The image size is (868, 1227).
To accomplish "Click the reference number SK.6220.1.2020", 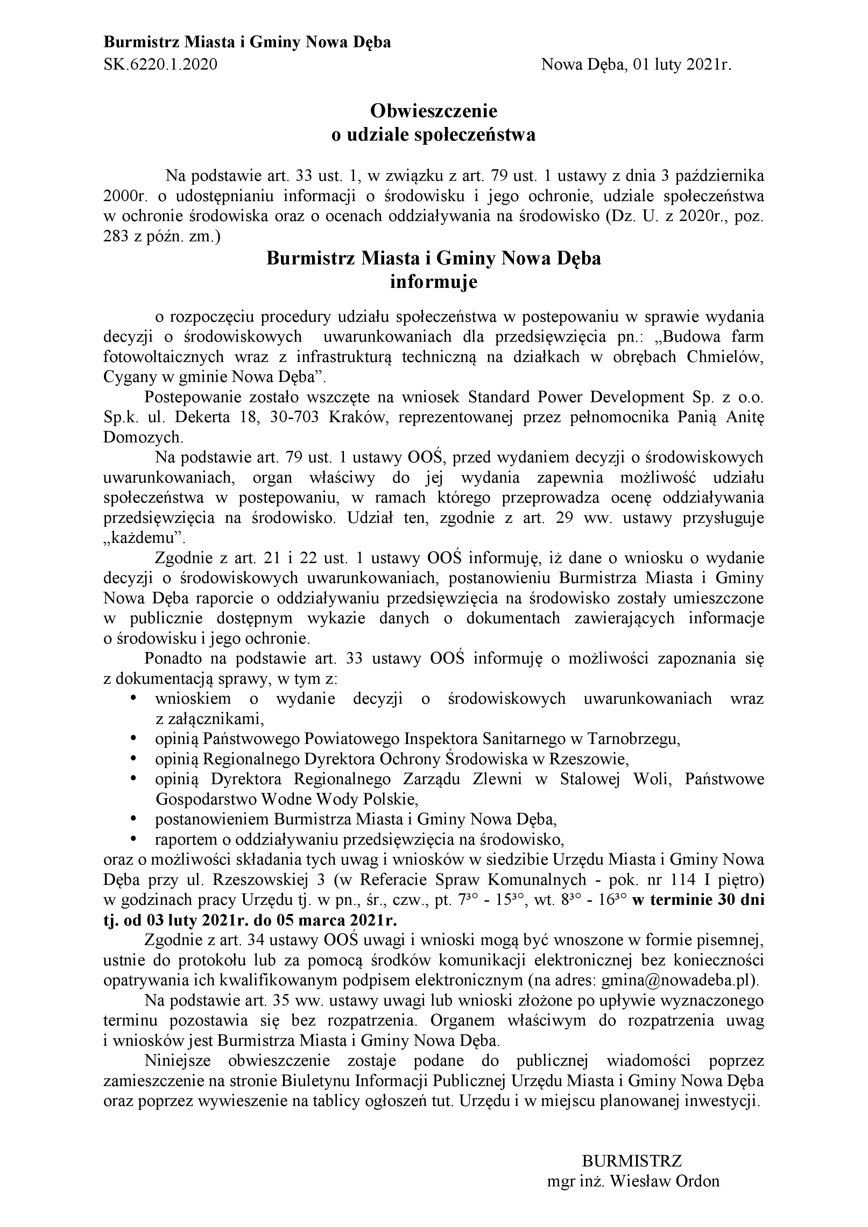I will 160,65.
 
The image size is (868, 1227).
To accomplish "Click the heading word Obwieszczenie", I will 433,111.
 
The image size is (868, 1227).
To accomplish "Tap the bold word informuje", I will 433,282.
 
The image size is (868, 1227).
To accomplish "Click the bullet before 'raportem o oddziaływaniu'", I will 133,839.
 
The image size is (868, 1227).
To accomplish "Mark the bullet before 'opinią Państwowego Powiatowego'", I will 133,739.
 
